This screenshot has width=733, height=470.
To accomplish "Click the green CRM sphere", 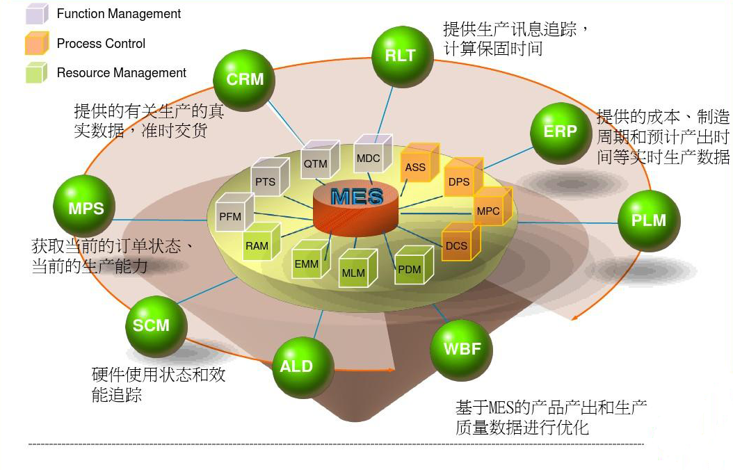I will click(245, 79).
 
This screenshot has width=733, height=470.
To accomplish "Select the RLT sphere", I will click(401, 56).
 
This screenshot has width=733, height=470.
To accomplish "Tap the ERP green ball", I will click(560, 131).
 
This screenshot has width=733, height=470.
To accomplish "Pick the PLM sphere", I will click(648, 220).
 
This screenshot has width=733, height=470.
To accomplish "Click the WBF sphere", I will click(462, 348).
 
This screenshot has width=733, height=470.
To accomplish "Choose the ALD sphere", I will click(296, 366).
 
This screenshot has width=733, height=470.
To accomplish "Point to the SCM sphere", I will click(151, 325).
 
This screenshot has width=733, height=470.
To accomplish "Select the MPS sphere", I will click(86, 208).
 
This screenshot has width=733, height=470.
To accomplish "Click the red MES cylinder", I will click(356, 206).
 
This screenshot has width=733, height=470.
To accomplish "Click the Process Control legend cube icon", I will click(37, 43).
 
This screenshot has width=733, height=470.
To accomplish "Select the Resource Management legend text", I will click(122, 73).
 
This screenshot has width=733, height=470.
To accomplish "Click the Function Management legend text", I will click(119, 14).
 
